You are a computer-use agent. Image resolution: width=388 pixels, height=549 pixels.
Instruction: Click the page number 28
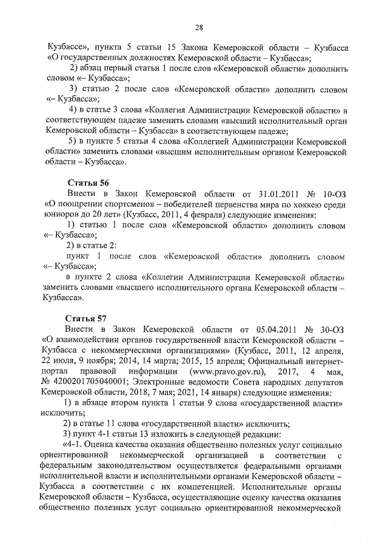coord(198,26)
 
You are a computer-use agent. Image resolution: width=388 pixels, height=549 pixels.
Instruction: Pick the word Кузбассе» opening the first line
coord(67,47)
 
